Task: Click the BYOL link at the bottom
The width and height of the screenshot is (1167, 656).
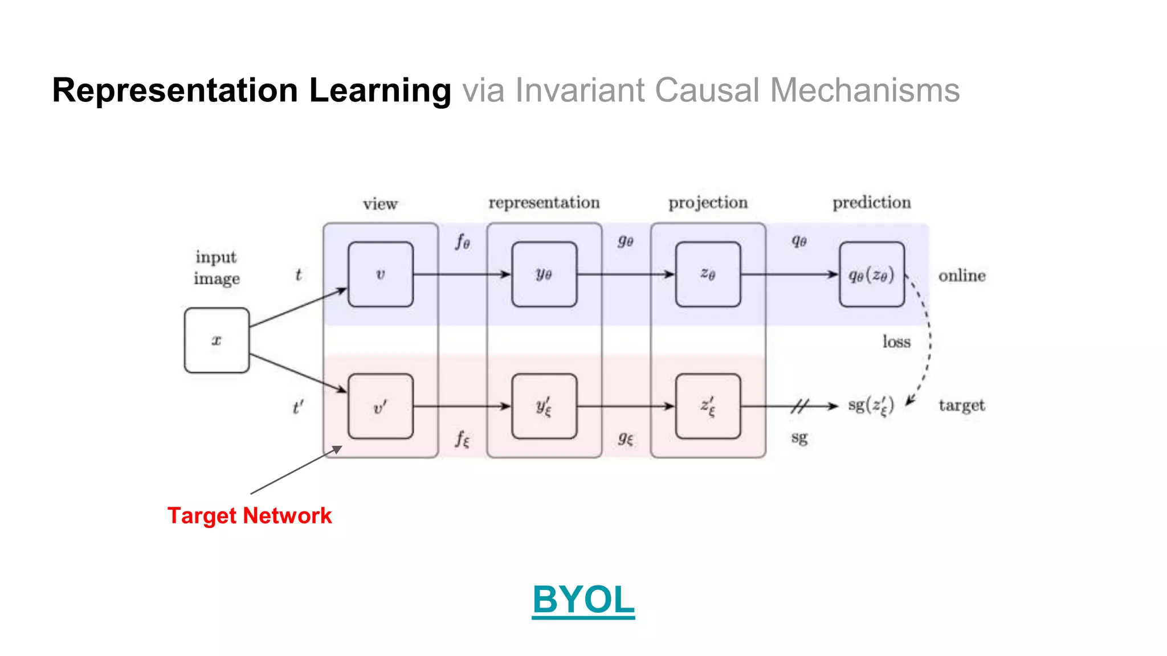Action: tap(583, 600)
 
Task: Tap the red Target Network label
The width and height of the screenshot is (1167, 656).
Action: tap(249, 516)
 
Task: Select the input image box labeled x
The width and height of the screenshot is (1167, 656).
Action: tap(217, 341)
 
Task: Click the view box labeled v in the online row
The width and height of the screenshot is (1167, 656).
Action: tap(381, 274)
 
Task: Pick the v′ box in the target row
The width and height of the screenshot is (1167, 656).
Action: tap(381, 407)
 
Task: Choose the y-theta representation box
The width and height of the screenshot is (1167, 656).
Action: tap(544, 274)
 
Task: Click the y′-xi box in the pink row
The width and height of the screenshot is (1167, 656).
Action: tap(544, 407)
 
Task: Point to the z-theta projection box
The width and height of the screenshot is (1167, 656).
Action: tap(708, 274)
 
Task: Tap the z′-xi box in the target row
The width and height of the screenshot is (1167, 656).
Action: tap(708, 407)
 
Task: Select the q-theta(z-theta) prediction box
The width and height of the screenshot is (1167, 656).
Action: tap(871, 274)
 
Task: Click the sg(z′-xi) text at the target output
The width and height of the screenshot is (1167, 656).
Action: tap(871, 406)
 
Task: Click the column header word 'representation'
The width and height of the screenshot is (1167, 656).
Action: tap(544, 203)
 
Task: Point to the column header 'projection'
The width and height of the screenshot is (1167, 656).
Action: tap(708, 203)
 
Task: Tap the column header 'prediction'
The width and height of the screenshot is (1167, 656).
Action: tap(871, 203)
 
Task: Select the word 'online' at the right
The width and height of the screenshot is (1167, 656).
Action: tap(962, 276)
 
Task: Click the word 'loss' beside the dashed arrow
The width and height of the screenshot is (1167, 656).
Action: tap(896, 342)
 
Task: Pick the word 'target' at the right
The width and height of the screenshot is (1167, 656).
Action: tap(962, 405)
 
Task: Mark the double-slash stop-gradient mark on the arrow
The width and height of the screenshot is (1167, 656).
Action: tap(799, 406)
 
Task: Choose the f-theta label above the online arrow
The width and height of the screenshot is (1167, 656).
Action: tap(462, 242)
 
